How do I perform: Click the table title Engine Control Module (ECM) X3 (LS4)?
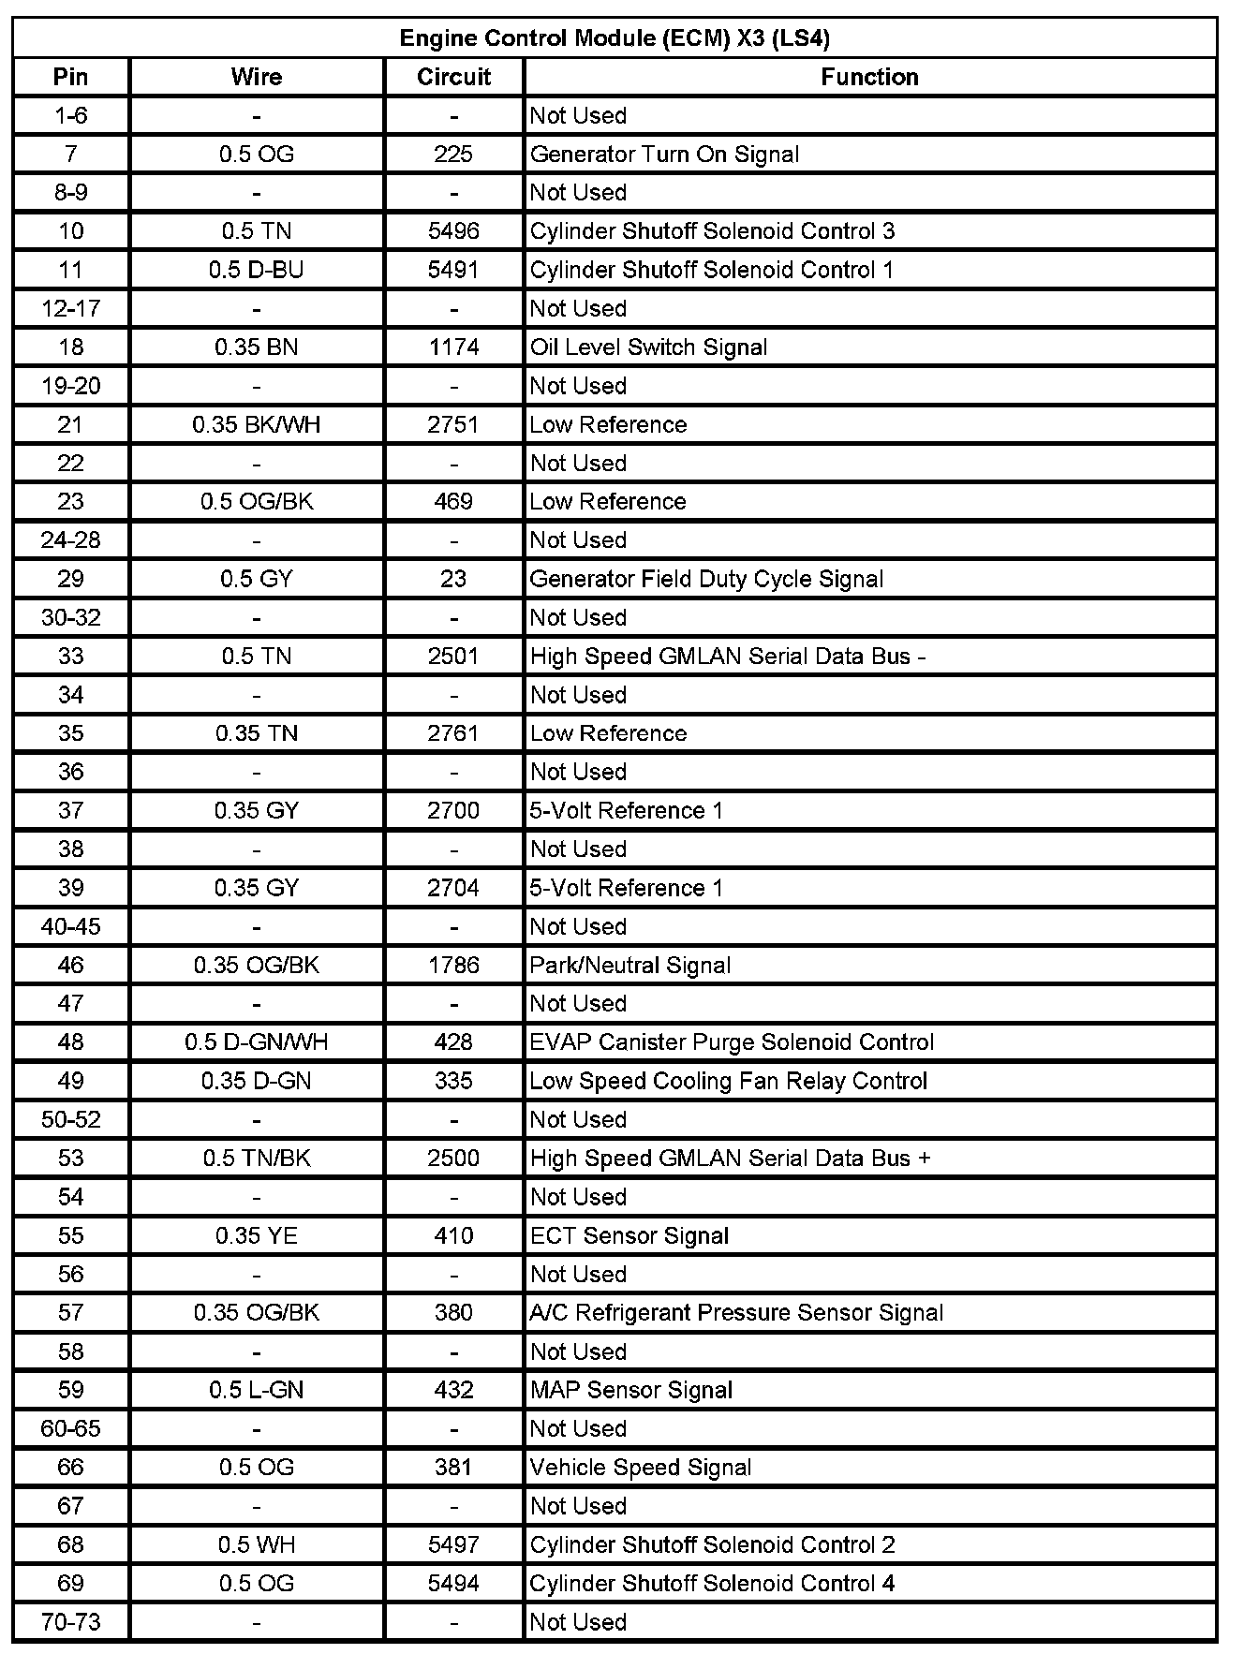(x=615, y=38)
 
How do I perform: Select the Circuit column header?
(x=453, y=77)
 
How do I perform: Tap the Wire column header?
(x=257, y=77)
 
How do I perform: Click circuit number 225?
(x=453, y=155)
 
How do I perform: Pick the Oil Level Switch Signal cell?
(x=648, y=347)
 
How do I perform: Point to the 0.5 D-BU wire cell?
(x=257, y=270)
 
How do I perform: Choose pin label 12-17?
(x=71, y=308)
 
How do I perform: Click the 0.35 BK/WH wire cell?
(x=257, y=424)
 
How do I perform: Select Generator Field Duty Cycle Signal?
(x=706, y=579)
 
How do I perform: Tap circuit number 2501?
(x=453, y=656)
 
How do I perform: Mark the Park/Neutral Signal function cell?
(x=630, y=965)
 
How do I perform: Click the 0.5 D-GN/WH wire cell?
(x=257, y=1041)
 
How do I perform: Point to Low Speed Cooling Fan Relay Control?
(x=728, y=1081)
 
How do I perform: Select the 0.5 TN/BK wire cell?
(x=257, y=1158)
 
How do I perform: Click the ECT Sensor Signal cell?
(x=629, y=1235)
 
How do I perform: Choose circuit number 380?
(x=453, y=1312)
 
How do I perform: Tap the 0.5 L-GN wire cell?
(x=257, y=1390)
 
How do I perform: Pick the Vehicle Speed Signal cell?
(x=641, y=1467)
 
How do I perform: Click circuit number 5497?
(x=453, y=1544)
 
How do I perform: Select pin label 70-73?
(x=71, y=1621)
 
